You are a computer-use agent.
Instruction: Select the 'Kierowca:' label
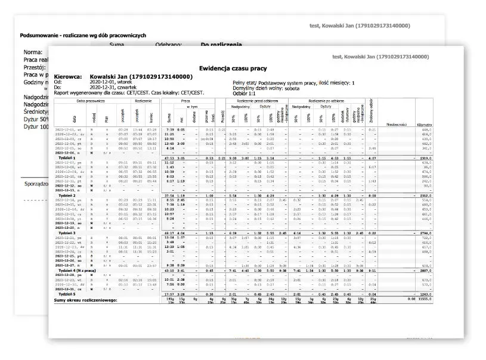click(x=69, y=77)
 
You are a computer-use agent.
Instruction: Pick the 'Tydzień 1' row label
click(x=66, y=157)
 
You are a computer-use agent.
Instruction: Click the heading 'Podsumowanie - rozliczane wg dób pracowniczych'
click(x=83, y=36)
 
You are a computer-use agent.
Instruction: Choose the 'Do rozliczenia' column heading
click(x=221, y=45)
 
